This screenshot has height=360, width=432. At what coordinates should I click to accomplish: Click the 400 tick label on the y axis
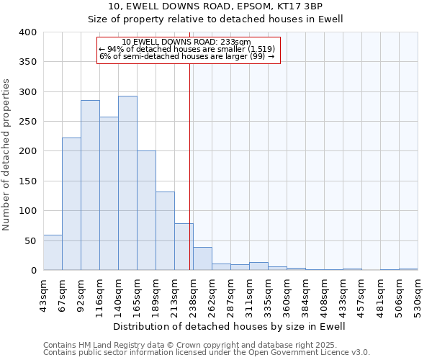27,32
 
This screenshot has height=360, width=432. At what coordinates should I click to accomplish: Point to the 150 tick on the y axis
27,181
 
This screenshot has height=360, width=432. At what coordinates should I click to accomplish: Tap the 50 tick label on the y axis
30,241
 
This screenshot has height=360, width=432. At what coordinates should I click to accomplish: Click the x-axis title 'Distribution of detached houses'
230,326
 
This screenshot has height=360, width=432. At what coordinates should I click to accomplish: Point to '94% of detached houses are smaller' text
187,49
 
